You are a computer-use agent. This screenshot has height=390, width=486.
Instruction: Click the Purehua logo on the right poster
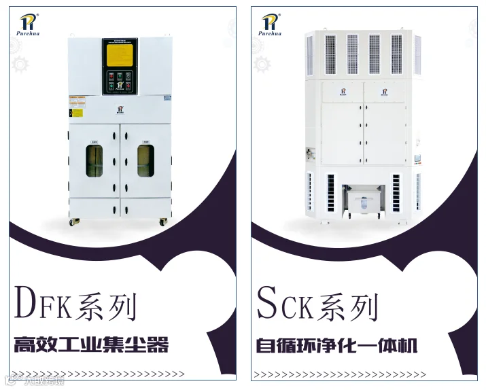click(x=271, y=25)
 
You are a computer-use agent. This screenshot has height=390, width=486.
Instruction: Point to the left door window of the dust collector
click(x=94, y=161)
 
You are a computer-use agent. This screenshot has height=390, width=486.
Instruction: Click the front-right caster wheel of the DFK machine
click(x=163, y=221)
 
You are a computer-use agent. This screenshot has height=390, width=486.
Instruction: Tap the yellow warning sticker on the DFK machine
click(x=77, y=112)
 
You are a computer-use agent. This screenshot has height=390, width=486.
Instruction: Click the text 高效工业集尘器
click(x=91, y=344)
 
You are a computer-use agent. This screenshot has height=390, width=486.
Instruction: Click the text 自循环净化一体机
click(x=336, y=344)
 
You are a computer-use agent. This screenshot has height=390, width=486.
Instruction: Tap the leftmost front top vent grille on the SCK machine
click(x=331, y=54)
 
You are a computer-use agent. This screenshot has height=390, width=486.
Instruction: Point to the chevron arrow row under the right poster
click(x=339, y=374)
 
